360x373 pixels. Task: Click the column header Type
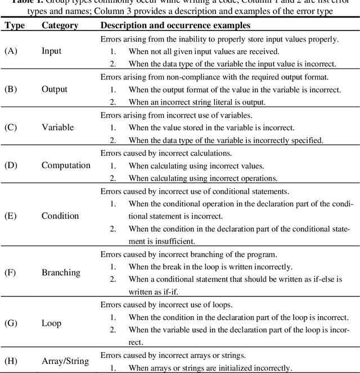[14, 25]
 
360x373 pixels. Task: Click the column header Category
[60, 25]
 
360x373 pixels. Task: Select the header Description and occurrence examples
[175, 25]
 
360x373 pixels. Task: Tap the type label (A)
[11, 51]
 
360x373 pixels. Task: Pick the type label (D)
[11, 165]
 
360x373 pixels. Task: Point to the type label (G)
[11, 323]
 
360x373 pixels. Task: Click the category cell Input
[52, 51]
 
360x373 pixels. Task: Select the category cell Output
[55, 89]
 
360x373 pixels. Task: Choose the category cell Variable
[58, 127]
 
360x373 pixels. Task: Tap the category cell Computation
[66, 165]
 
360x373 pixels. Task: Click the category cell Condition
[60, 216]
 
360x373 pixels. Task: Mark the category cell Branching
[61, 273]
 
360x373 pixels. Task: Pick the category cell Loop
[52, 323]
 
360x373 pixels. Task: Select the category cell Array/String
[65, 361]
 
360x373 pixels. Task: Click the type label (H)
[11, 361]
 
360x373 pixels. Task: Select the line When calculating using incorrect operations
[203, 178]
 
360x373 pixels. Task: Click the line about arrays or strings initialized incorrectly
[210, 368]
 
